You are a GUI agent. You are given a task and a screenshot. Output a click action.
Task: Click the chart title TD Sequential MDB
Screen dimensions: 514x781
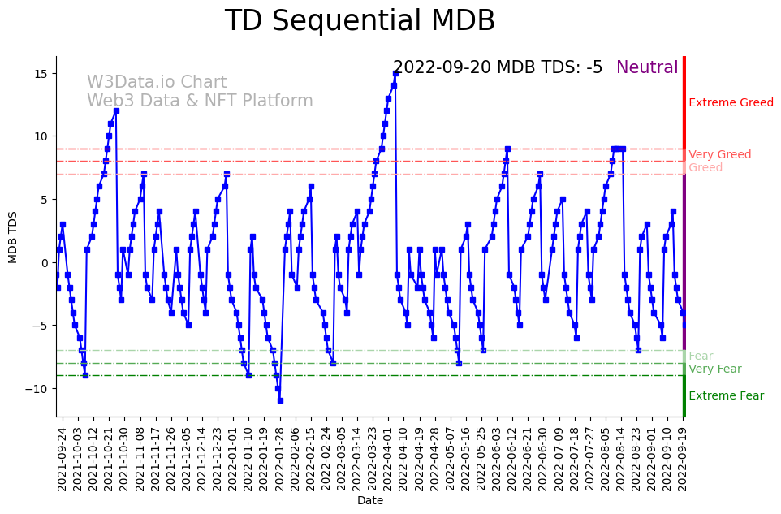click(x=360, y=21)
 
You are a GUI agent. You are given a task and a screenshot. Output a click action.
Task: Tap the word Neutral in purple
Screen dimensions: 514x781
click(x=647, y=68)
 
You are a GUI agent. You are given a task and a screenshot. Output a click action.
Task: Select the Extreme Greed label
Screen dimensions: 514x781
click(x=731, y=103)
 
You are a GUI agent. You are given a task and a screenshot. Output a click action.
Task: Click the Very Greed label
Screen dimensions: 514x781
click(x=719, y=155)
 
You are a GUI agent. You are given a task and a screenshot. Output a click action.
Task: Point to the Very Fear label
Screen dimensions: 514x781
click(x=714, y=369)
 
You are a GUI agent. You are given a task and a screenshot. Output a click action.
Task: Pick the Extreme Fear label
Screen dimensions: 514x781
click(x=726, y=396)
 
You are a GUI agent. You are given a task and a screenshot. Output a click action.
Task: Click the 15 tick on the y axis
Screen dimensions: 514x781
click(x=44, y=74)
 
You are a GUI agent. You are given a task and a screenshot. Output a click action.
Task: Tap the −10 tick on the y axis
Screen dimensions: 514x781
click(x=41, y=389)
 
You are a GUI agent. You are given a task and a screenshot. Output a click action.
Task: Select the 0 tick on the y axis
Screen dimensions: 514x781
click(x=47, y=263)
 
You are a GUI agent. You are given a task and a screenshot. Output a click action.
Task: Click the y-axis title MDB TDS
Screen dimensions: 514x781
click(x=13, y=236)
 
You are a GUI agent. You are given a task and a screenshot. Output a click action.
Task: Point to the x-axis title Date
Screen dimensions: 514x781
click(x=369, y=501)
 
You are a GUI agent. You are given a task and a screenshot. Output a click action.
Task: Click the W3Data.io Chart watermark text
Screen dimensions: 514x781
click(x=157, y=83)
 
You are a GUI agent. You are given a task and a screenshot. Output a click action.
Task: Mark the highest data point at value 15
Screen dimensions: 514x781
click(x=395, y=74)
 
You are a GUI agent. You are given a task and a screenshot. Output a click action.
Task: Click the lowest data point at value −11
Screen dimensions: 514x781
click(x=280, y=400)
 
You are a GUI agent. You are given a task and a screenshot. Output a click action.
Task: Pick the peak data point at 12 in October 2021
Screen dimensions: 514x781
click(x=116, y=111)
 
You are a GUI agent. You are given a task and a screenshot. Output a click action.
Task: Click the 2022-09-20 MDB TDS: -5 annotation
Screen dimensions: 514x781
click(x=498, y=68)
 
